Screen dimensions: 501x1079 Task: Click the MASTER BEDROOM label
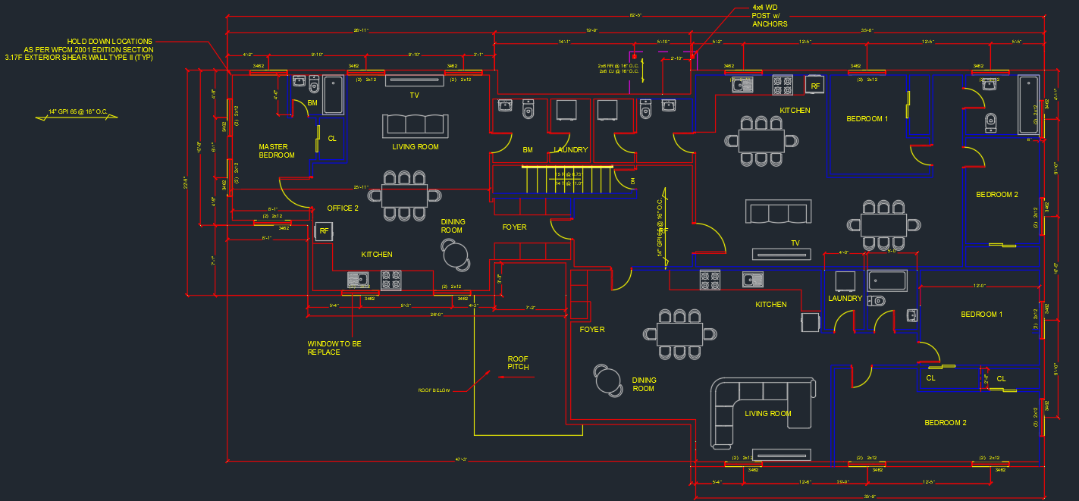(277, 151)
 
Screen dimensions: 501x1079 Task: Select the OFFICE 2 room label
(343, 208)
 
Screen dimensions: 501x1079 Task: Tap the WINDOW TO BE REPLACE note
(334, 348)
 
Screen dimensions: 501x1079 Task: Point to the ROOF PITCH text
(519, 363)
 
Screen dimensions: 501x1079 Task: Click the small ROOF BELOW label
(434, 391)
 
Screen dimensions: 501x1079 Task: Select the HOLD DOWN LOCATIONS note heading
(110, 41)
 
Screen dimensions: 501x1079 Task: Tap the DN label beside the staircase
(633, 182)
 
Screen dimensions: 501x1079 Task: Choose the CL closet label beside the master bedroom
(332, 139)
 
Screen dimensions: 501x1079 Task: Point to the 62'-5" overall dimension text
(635, 15)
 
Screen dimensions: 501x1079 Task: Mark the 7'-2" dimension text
(531, 308)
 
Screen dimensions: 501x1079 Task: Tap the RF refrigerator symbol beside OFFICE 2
(324, 231)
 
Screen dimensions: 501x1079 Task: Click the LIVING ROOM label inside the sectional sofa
(767, 414)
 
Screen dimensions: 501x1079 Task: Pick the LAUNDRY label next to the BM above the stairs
(570, 150)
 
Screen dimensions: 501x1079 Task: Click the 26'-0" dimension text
(436, 315)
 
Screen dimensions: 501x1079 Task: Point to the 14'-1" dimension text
(564, 42)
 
